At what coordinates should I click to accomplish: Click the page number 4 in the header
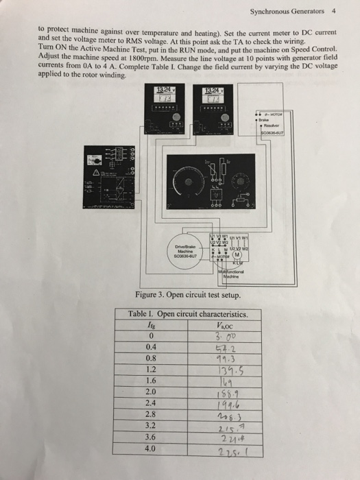[x=333, y=12]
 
